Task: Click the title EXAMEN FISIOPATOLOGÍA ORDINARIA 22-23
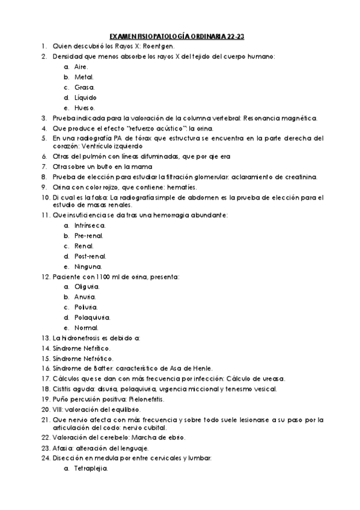[x=180, y=36]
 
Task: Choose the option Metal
[x=84, y=77]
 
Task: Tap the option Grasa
[x=85, y=87]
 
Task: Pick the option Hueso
[x=85, y=108]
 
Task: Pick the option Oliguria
[x=87, y=287]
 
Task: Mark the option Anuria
[x=85, y=297]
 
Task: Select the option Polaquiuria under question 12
[x=92, y=318]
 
